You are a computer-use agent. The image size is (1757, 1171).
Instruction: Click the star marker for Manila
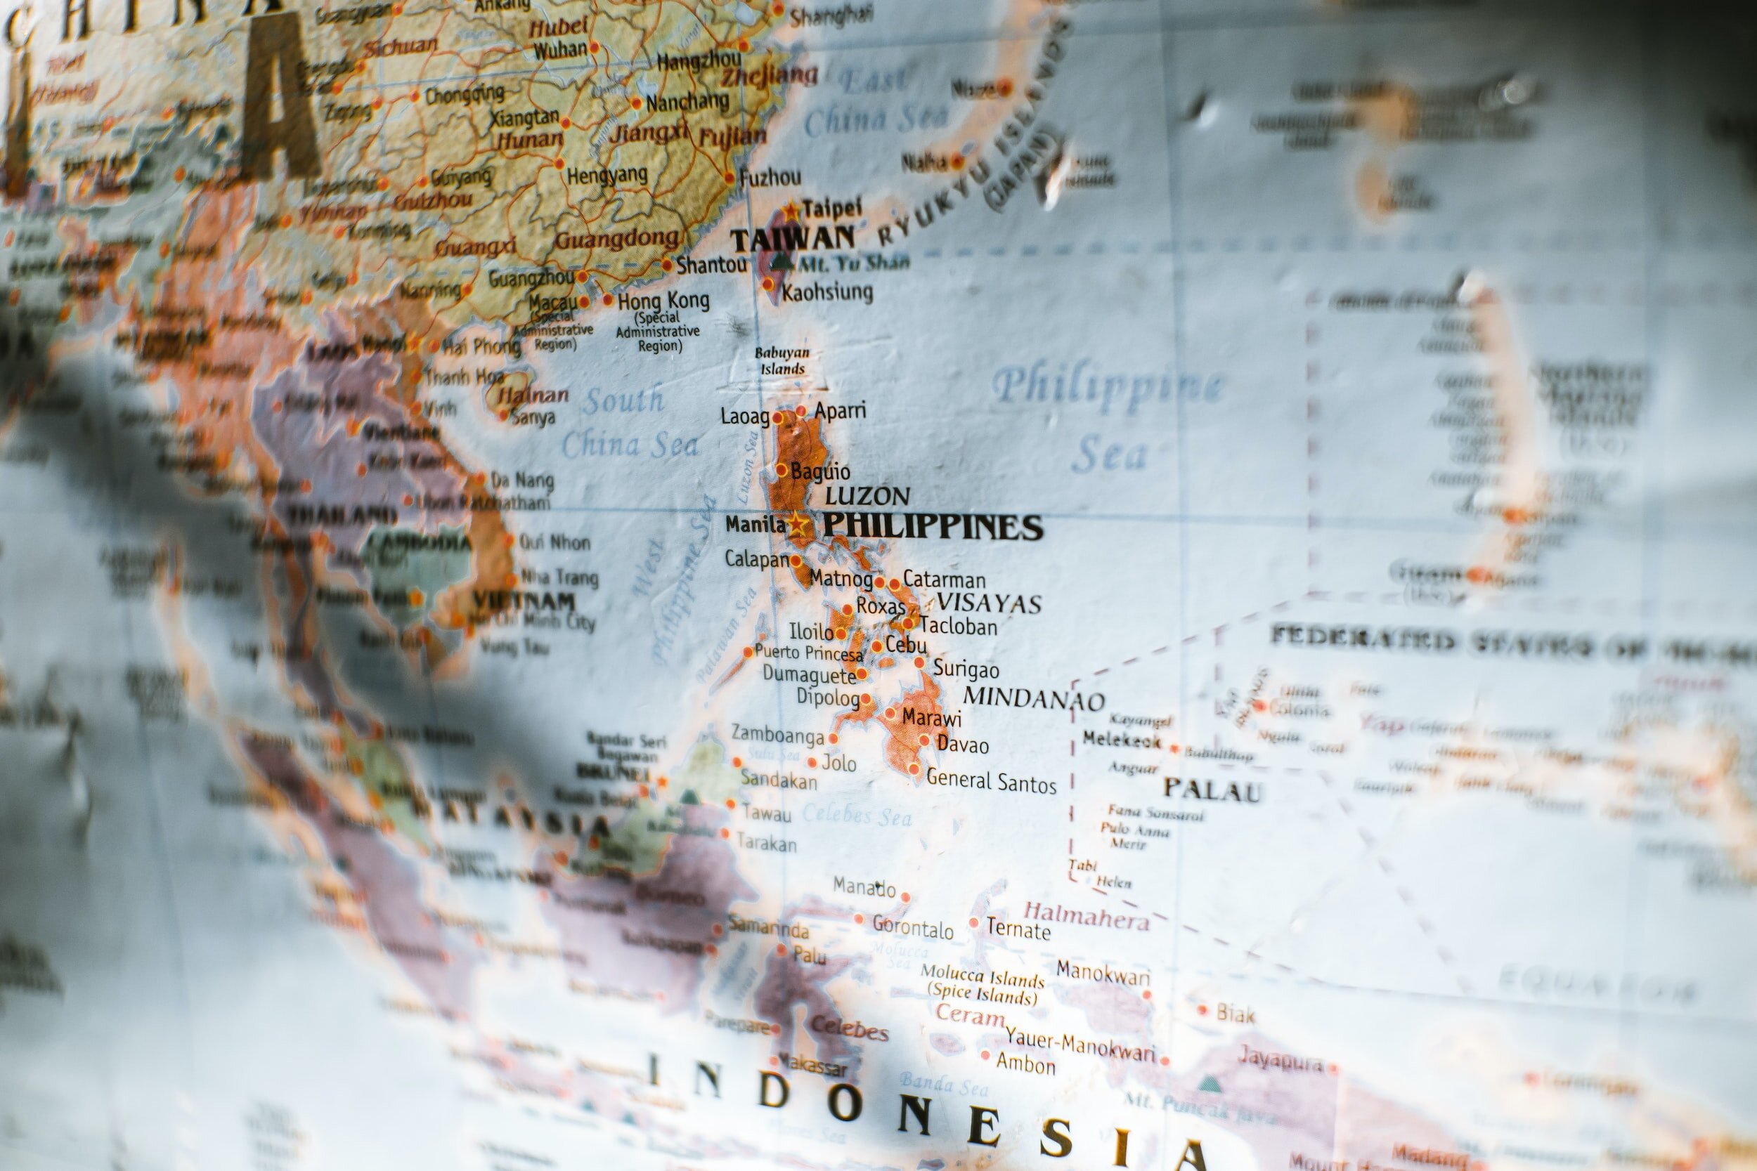click(x=797, y=524)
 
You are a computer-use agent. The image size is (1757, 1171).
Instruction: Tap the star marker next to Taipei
click(x=791, y=210)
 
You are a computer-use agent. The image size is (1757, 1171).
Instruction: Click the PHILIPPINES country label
click(x=933, y=528)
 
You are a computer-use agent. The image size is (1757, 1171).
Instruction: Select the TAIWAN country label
click(x=793, y=240)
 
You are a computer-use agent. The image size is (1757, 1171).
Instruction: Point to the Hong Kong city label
click(x=663, y=301)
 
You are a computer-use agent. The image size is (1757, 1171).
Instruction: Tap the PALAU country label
click(x=1212, y=790)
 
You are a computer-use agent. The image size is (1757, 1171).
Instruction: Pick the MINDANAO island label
click(x=1033, y=698)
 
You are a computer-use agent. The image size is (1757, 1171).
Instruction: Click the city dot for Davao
click(x=924, y=741)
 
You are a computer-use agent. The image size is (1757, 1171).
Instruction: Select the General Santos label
click(x=990, y=781)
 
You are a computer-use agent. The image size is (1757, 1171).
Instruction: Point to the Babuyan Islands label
click(x=782, y=360)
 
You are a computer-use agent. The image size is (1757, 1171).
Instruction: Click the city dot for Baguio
click(x=782, y=470)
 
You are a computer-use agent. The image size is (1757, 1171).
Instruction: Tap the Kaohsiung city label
click(x=827, y=292)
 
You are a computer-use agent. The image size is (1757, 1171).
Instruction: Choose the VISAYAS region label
click(x=989, y=603)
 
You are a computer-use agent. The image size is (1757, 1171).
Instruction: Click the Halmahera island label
click(x=1085, y=915)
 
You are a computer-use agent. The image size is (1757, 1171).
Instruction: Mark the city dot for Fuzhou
click(x=730, y=178)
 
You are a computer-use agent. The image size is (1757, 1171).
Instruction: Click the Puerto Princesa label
click(x=808, y=653)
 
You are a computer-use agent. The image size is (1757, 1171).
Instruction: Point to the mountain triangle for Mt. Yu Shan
click(x=782, y=261)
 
